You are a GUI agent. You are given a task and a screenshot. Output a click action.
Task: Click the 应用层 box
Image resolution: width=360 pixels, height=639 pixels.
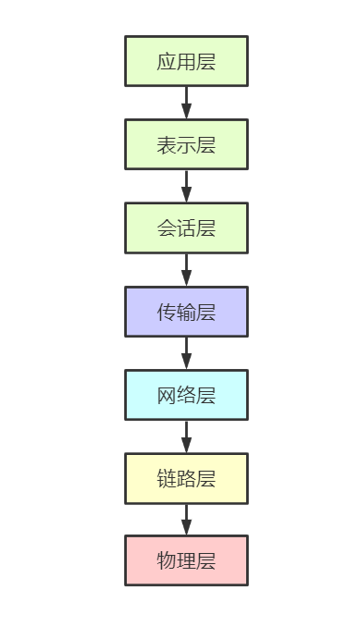pos(186,61)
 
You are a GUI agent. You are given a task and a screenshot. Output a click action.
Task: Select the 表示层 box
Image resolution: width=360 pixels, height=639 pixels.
pos(186,144)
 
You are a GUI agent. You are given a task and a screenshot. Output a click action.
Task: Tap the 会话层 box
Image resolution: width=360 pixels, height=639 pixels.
pos(186,227)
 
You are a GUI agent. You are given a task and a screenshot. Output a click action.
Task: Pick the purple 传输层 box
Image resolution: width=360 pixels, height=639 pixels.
pos(186,312)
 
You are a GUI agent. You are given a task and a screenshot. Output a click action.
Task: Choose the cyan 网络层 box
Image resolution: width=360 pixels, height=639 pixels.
pos(186,395)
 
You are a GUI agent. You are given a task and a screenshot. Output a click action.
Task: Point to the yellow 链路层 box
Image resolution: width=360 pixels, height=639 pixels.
pos(186,478)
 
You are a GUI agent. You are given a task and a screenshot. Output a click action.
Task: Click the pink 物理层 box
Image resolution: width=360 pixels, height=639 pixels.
pos(186,560)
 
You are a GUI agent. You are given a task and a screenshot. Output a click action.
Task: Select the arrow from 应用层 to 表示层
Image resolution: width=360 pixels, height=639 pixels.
pos(186,103)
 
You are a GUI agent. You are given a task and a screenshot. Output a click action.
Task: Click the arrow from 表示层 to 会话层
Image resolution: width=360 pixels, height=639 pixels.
pos(186,186)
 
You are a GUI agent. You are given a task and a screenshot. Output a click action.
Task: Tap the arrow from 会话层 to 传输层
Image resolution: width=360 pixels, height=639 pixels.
pos(186,269)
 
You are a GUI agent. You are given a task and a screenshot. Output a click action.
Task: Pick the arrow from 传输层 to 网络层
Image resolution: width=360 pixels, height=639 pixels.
pos(186,353)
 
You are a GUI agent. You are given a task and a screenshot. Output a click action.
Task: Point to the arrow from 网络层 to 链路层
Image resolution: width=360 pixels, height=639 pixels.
pos(186,436)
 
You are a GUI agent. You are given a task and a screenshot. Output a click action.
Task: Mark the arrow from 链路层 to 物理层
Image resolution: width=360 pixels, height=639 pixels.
pos(186,520)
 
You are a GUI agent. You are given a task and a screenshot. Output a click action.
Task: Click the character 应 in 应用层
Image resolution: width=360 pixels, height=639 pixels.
pos(167,62)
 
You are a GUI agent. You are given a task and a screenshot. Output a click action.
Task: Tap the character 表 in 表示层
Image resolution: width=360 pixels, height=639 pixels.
pos(167,145)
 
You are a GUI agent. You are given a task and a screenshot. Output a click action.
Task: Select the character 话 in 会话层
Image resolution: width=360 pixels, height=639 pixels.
pos(186,228)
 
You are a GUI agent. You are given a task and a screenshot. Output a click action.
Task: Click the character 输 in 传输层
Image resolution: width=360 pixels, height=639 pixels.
pos(186,313)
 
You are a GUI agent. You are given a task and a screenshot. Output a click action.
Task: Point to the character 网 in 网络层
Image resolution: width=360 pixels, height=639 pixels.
pos(167,396)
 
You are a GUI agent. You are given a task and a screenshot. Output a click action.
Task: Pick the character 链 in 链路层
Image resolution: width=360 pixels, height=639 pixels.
pos(167,479)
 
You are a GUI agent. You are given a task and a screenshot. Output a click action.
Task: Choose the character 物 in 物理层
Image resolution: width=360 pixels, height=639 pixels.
pos(167,561)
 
